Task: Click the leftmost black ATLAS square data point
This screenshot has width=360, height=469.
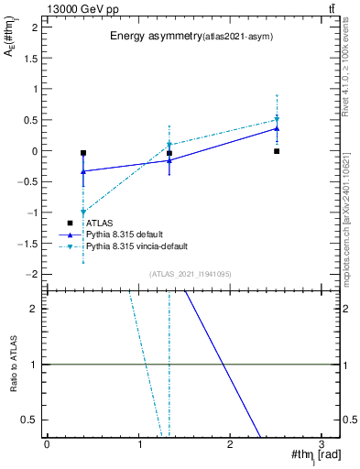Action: (83, 153)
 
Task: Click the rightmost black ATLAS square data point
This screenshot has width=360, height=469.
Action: (277, 151)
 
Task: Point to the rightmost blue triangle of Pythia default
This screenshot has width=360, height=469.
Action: (277, 128)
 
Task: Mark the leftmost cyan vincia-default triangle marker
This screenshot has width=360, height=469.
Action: (83, 213)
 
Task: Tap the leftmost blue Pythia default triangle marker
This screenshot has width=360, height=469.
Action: (83, 171)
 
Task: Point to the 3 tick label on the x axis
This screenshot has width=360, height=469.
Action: (322, 443)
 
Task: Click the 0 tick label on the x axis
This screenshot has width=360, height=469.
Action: (47, 443)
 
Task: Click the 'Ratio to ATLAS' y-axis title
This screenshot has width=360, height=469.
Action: (13, 364)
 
